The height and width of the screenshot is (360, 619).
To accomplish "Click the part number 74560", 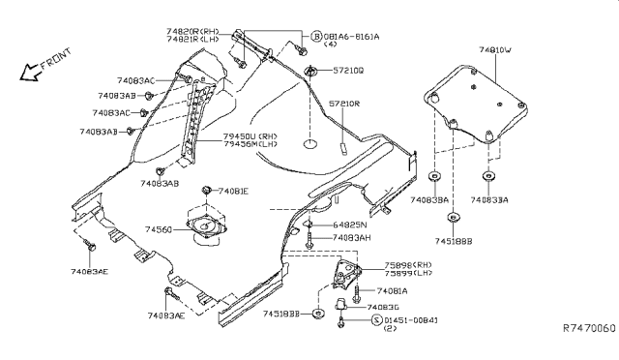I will tap(161, 231).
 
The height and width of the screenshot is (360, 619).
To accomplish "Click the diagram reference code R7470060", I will tap(588, 329).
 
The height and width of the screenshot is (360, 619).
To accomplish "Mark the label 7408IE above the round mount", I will tap(232, 192).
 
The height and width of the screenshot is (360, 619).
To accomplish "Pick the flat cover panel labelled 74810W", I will tap(474, 102).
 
